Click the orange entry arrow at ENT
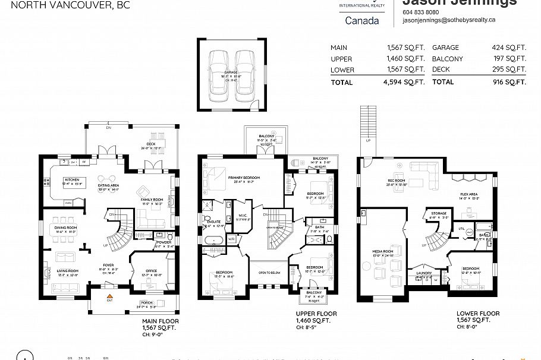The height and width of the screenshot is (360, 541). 109,295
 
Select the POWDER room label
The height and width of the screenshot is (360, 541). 165,242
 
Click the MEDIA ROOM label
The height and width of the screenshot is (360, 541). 383,251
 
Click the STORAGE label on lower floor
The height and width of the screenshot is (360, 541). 439,213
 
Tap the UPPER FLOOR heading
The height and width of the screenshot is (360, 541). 316,314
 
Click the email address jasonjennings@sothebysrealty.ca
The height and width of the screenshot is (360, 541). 449,20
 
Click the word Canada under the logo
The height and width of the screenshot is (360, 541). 361,21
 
